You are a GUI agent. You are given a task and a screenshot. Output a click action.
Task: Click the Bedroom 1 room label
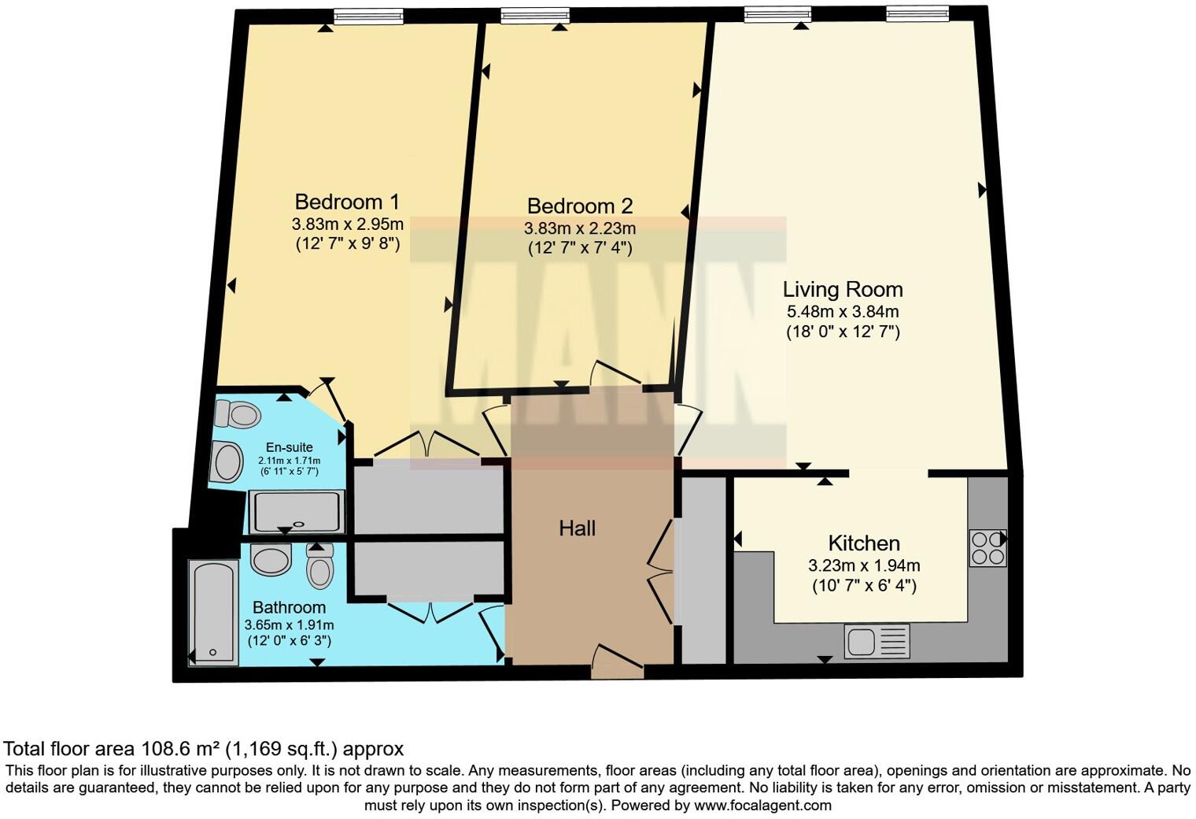pos(347,201)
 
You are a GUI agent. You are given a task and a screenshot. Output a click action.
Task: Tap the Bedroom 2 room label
pos(580,206)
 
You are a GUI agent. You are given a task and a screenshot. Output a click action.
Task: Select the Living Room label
pos(843,289)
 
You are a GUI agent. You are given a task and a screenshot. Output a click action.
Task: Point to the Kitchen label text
pos(864,543)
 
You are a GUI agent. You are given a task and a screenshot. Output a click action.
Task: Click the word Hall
pos(577,528)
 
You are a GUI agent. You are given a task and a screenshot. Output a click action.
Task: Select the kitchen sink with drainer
pos(877,641)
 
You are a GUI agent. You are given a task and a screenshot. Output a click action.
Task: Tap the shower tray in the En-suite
pos(297,512)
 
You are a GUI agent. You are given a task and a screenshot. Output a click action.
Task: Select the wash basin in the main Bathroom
pos(271,560)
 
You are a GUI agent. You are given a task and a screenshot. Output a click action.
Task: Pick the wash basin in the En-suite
pos(227,462)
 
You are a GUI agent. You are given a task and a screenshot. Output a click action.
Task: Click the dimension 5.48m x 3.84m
pos(843,311)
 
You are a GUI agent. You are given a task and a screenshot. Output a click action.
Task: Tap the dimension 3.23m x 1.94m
pos(864,565)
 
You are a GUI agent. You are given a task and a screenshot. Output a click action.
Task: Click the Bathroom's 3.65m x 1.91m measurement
pos(289,625)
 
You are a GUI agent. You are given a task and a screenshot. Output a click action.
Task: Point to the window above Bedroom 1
pos(367,16)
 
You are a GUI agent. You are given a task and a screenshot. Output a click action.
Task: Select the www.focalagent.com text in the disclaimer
pos(762,806)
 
